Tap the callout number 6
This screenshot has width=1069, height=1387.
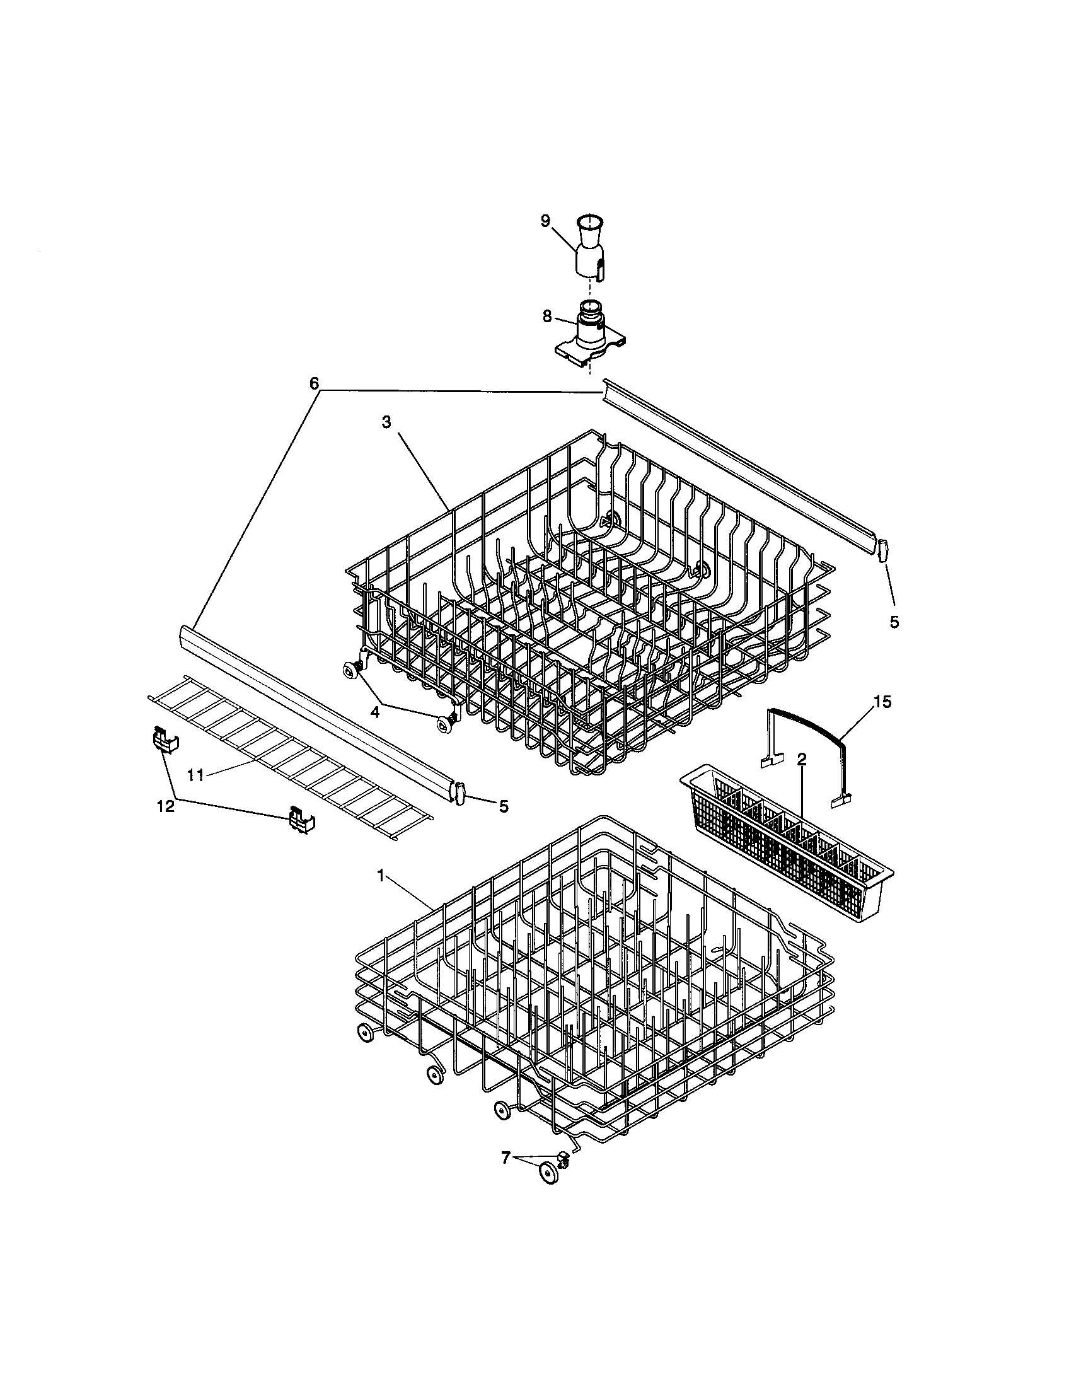pos(314,383)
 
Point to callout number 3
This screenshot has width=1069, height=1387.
pos(386,423)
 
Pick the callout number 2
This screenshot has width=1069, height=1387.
pos(802,760)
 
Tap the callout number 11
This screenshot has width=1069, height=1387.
pos(195,774)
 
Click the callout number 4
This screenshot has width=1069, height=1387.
pos(375,712)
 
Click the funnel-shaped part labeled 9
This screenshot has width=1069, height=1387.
pos(589,248)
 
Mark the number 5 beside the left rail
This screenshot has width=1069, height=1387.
pos(504,806)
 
